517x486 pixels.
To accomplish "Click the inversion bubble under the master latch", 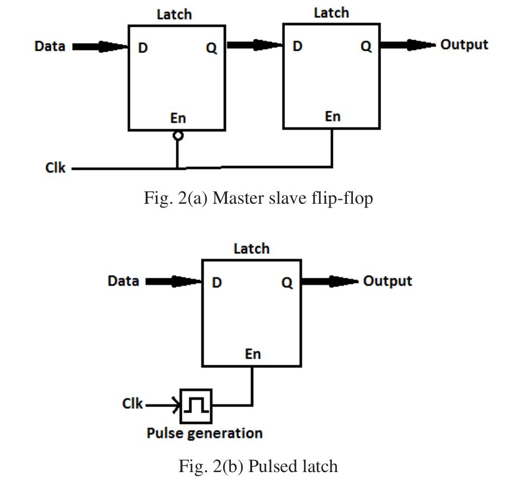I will pos(178,135).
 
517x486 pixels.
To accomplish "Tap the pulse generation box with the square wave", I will pos(196,406).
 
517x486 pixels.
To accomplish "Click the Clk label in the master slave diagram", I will pos(55,167).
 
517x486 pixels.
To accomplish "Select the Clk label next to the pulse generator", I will pos(132,404).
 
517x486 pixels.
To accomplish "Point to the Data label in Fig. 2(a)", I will pos(50,46).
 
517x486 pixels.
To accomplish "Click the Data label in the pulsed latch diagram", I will pos(123,281).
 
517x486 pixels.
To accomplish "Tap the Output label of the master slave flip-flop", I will pos(464,45).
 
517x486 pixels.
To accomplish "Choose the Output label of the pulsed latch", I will pos(387,281).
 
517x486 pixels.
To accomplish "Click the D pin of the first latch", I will pos(143,48).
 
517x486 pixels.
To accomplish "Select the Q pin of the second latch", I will pos(366,47).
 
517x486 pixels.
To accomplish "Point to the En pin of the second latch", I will pos(332,116).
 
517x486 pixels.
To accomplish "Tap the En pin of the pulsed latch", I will pos(253,354).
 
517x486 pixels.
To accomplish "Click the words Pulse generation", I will pos(204,433).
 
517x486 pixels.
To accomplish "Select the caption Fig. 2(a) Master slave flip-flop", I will pos(258,198).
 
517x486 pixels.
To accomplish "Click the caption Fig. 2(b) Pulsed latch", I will pos(258,465).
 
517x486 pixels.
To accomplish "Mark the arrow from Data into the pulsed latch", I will pos(173,282).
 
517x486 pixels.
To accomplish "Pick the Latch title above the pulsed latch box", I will pos(251,249).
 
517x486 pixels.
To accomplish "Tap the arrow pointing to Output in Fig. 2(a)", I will pos(408,45).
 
